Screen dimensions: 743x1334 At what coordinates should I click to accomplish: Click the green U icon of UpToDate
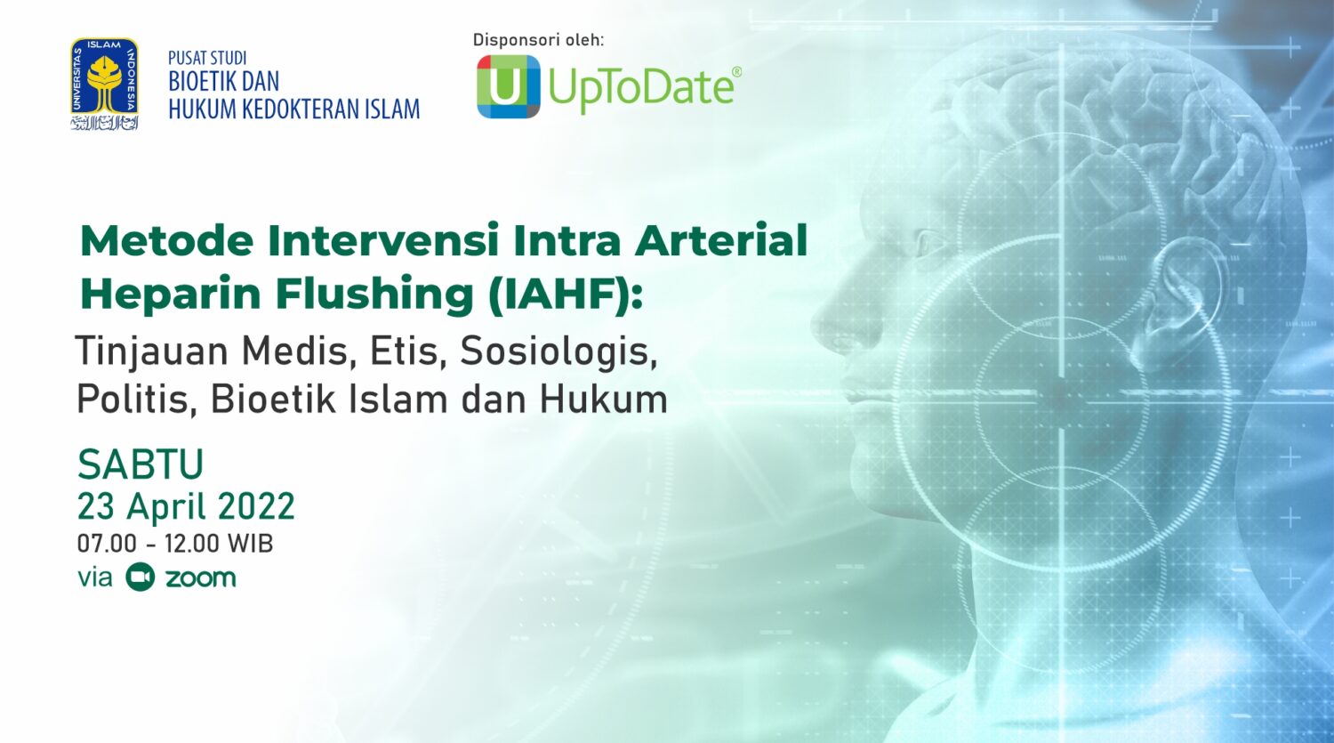[508, 86]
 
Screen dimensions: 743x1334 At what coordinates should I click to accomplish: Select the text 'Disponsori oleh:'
[538, 40]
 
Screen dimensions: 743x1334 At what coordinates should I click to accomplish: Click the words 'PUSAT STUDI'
[207, 59]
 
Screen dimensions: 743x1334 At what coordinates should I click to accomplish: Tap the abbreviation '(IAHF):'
[565, 295]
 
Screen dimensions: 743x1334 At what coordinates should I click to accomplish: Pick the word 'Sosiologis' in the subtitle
[558, 352]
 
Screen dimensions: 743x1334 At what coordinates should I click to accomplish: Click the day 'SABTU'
[141, 464]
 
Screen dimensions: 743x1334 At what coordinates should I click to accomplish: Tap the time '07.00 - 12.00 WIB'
[175, 544]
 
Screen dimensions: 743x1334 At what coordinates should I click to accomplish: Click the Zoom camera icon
[141, 577]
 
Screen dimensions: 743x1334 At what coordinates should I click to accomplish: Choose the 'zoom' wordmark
[201, 578]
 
